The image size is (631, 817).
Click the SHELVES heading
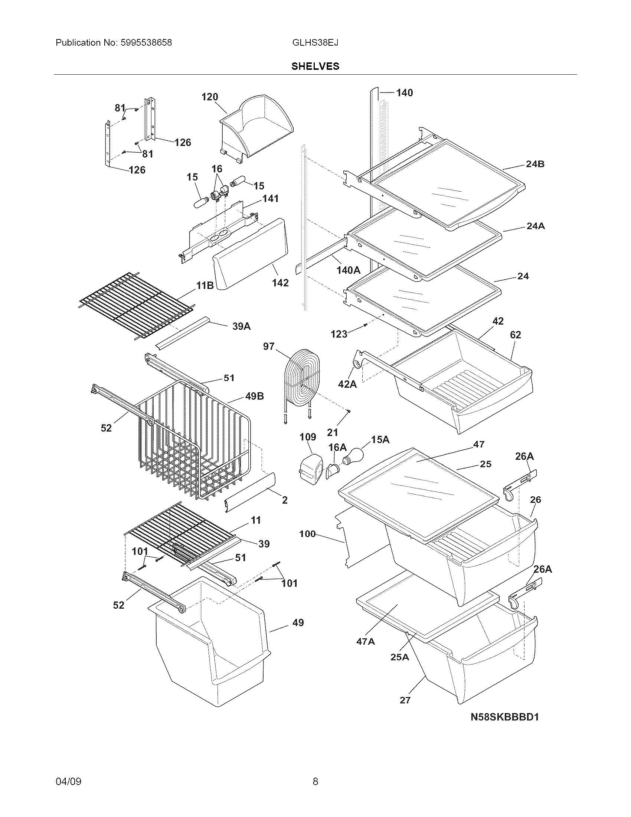point(315,66)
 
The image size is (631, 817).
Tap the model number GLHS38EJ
point(315,43)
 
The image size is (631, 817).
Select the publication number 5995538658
point(146,43)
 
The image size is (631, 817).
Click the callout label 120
point(209,97)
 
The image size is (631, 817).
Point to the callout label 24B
point(535,164)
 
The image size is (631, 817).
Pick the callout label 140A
point(348,270)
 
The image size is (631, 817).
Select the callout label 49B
point(254,396)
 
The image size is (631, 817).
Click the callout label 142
point(280,283)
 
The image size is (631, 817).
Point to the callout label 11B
point(205,286)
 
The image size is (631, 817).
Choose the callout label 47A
point(365,642)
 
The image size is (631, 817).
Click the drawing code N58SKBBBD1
point(504,717)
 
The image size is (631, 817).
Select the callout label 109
point(308,437)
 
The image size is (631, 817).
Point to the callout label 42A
point(347,384)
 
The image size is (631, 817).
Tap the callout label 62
point(515,335)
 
